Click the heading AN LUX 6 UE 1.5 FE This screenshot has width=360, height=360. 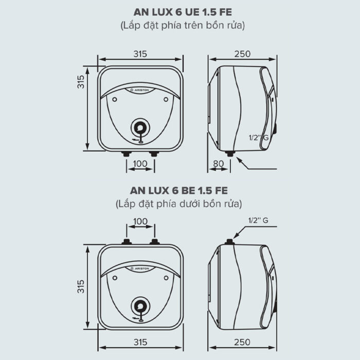point(179,12)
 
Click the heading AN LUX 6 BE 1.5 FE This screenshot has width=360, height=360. point(179,191)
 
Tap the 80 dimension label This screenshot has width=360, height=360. point(218,164)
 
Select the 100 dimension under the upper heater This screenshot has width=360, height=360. point(140,164)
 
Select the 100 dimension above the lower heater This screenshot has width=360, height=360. point(140,221)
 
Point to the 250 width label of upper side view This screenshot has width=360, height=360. point(242,53)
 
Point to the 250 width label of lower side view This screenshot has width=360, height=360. point(242,342)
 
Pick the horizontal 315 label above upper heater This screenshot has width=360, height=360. point(140,53)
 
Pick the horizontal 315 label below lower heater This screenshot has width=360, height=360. point(140,342)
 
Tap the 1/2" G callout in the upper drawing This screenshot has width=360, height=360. point(258,138)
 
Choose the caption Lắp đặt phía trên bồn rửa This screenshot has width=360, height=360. point(179,25)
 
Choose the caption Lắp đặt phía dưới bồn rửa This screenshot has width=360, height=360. point(179,204)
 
